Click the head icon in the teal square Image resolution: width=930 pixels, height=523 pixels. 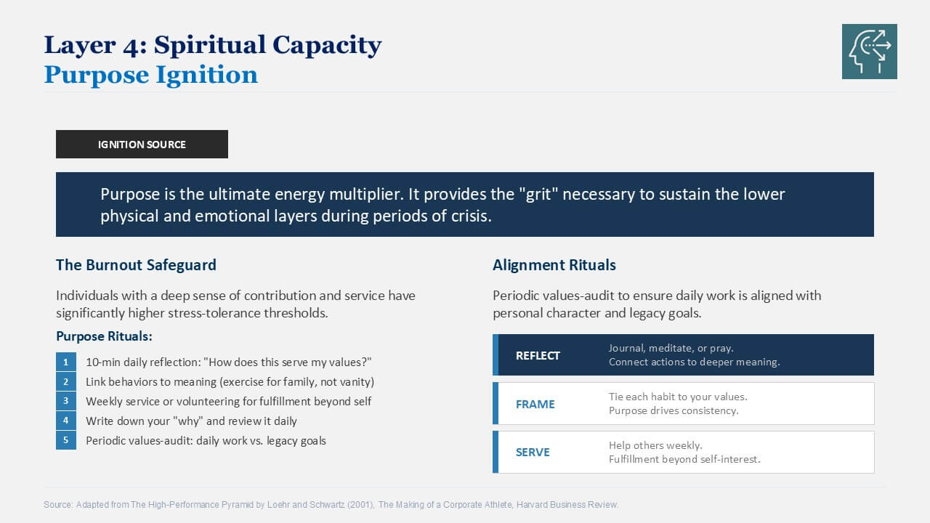tap(870, 52)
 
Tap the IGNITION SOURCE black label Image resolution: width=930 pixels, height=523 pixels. tap(142, 144)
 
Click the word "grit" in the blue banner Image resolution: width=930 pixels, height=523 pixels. tap(538, 194)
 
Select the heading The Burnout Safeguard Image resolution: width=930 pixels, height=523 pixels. tap(136, 265)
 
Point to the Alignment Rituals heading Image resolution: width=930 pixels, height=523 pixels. tap(554, 265)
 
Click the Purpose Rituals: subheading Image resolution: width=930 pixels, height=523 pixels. tap(104, 336)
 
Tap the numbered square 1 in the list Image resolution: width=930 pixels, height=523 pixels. tap(66, 362)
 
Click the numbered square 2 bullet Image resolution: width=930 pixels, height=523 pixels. tap(66, 381)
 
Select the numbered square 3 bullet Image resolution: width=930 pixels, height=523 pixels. tap(66, 401)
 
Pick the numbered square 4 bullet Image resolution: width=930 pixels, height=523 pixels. tap(66, 421)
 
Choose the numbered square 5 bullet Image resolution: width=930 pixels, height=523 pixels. tap(66, 440)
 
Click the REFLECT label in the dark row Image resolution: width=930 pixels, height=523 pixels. tap(538, 356)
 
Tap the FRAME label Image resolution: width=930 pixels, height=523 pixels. tap(535, 405)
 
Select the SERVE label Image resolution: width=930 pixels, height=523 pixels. tap(533, 453)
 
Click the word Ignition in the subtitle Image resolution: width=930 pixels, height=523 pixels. tap(207, 76)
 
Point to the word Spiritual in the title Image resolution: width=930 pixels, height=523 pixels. tap(210, 45)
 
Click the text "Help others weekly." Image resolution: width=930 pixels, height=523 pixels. tap(655, 445)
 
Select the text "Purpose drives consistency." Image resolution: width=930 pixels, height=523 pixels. tap(674, 410)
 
